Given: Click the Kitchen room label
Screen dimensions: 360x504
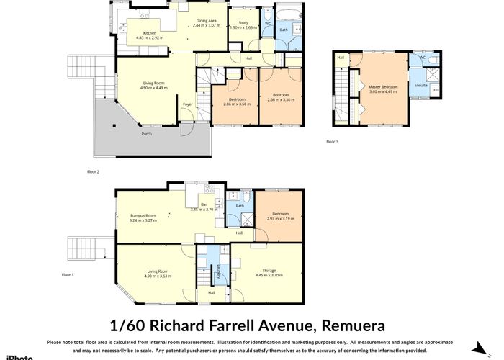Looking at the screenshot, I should click(150, 33).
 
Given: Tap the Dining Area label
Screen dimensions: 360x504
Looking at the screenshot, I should click(207, 21).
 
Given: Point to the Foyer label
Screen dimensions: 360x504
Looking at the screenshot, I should click(187, 105).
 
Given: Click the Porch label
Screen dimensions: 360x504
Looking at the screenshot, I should click(146, 134).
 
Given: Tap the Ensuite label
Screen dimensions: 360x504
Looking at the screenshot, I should click(420, 86).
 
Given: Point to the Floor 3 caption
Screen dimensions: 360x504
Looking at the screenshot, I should click(331, 142).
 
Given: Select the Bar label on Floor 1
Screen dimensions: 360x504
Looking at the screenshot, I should click(204, 205).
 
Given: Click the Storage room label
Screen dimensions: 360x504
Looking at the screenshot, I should click(269, 271).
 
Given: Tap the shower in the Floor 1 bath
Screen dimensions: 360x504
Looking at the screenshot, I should click(236, 221).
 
